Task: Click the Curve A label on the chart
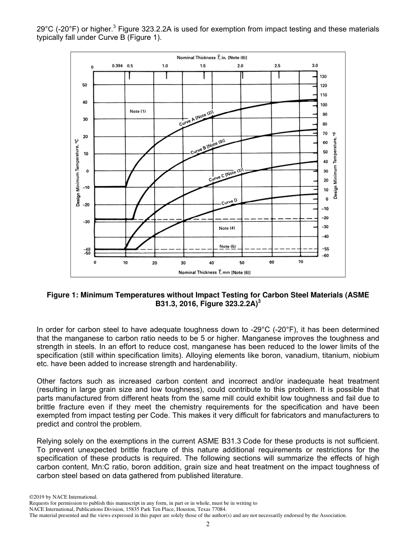click(196, 119)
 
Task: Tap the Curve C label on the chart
click(226, 175)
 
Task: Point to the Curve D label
click(229, 202)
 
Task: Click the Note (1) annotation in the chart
click(138, 111)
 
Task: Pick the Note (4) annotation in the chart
click(227, 228)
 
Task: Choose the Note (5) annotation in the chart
click(227, 246)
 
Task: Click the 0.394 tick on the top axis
click(117, 66)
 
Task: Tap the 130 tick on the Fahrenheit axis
click(324, 77)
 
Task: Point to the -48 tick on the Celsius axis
click(86, 249)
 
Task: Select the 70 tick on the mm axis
click(300, 262)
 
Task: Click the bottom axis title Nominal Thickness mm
click(214, 272)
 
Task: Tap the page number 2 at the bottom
click(208, 524)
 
